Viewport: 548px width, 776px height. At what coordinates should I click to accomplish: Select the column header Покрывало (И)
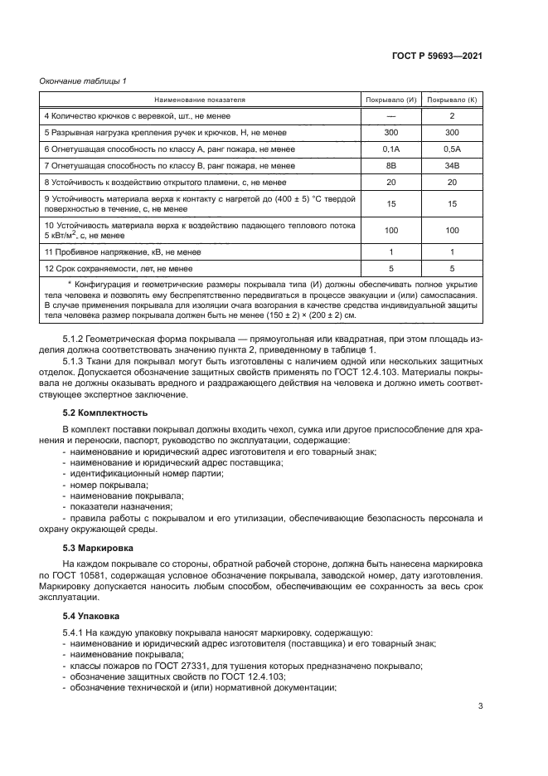(x=390, y=100)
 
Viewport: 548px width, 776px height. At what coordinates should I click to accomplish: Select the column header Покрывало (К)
(x=452, y=100)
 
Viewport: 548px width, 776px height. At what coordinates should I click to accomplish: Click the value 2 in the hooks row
(x=452, y=115)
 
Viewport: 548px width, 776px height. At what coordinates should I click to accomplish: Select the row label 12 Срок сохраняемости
(x=119, y=268)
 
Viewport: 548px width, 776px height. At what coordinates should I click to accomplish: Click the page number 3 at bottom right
(x=481, y=706)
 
